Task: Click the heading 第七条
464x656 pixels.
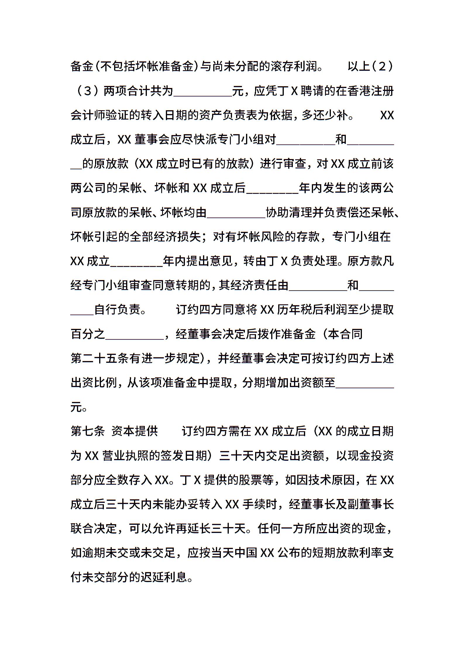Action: point(88,431)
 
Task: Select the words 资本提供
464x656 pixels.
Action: point(135,431)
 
